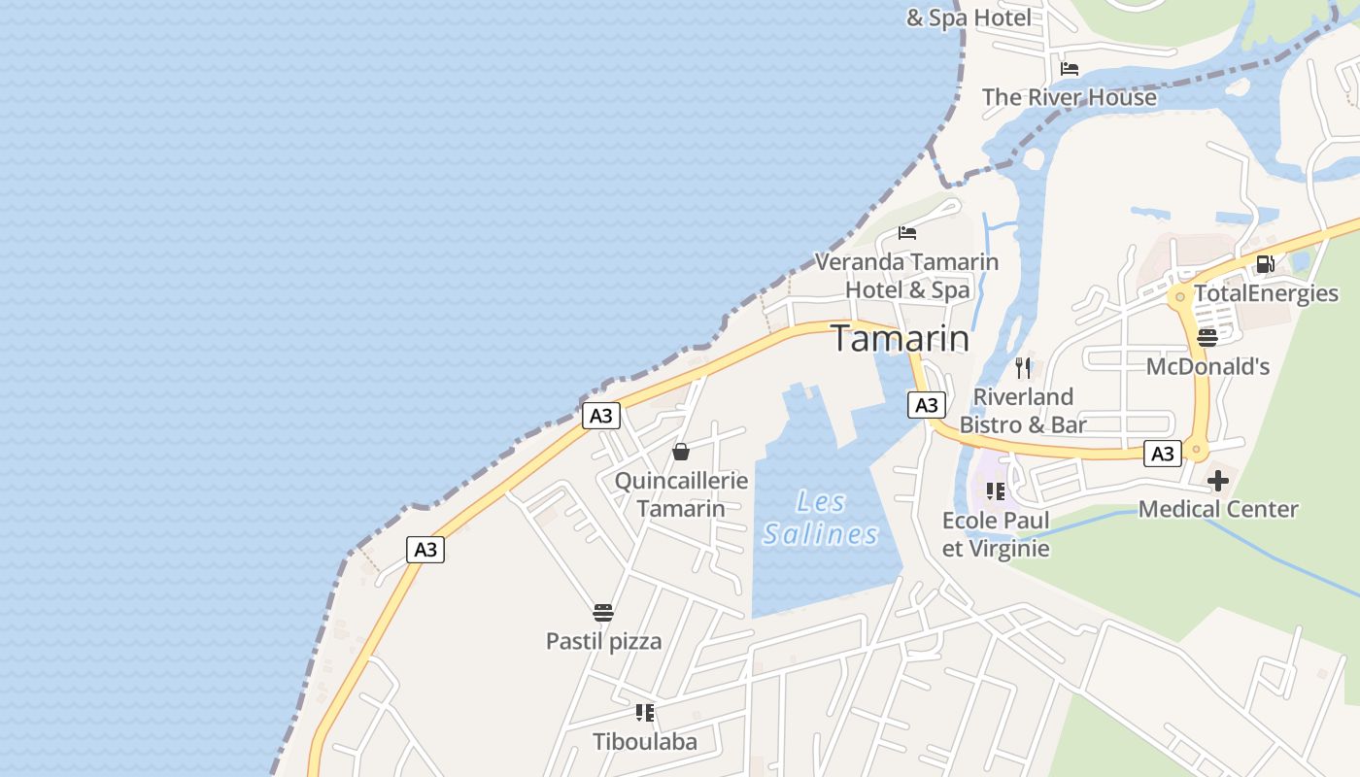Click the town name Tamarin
(x=900, y=338)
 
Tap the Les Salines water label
(x=821, y=518)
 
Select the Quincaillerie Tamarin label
(x=681, y=494)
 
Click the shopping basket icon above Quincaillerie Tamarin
(x=681, y=452)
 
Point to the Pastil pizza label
(x=603, y=641)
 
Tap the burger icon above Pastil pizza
(x=603, y=613)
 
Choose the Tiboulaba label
(x=645, y=742)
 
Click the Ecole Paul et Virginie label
(x=996, y=534)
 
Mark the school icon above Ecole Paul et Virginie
(x=995, y=491)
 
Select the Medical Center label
(x=1217, y=509)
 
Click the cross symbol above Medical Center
(x=1217, y=481)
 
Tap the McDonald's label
(x=1207, y=366)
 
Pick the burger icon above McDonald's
(x=1207, y=338)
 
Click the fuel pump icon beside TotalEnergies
(x=1265, y=264)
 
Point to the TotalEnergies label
(x=1266, y=293)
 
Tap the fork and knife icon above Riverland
(x=1022, y=367)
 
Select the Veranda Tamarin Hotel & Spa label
(x=906, y=276)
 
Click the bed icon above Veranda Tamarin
(x=907, y=233)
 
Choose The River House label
(x=1069, y=97)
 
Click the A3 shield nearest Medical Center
(x=1162, y=453)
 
